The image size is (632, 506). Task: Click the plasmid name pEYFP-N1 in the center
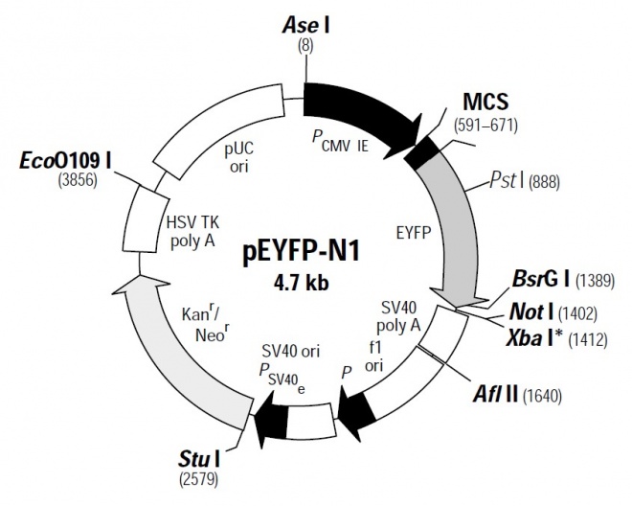pos(301,253)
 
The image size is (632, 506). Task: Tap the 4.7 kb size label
pos(301,282)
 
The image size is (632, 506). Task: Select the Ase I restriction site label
pos(305,26)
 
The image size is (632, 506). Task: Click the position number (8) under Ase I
pos(305,46)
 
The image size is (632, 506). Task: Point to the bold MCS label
pos(485,103)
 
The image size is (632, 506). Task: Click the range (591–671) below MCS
pos(485,126)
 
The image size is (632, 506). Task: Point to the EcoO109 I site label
pos(65,161)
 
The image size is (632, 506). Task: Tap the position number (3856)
pos(78,180)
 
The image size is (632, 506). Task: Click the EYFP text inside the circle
pos(414,233)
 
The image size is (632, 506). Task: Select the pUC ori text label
pos(238,157)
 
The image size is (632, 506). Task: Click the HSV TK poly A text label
pos(192,232)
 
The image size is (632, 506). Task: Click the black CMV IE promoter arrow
pos(359,117)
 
